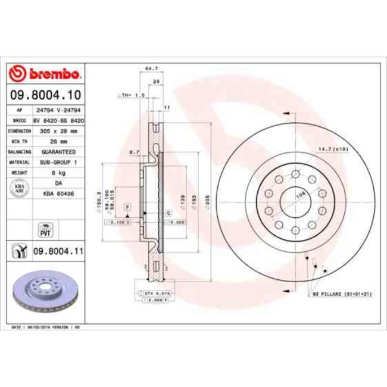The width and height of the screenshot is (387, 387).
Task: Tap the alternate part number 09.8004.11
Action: pos(58,252)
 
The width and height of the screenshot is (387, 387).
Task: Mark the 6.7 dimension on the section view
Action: pos(134,152)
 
